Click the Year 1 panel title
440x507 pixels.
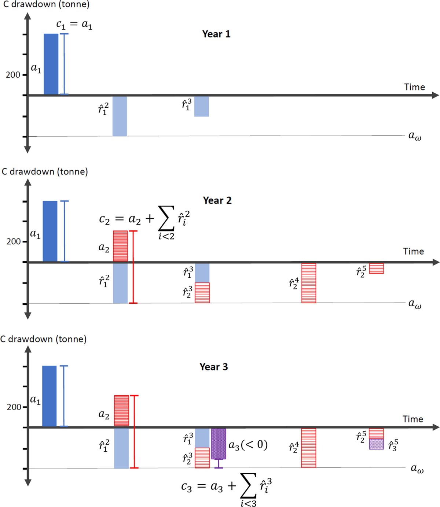216,34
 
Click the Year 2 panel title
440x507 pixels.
217,200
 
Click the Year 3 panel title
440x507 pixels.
213,367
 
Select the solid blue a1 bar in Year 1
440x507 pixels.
51,64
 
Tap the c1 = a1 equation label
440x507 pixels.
74,25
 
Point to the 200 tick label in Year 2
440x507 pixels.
14,241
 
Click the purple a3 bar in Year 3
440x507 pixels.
219,444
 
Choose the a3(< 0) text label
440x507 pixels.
248,445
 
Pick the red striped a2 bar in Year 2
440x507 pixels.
120,246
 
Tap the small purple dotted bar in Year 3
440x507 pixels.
376,444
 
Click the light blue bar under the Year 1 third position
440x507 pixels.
201,106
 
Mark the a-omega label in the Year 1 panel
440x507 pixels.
415,136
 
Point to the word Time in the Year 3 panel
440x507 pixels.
412,419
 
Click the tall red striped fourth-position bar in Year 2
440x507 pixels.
309,283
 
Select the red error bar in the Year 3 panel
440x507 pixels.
134,432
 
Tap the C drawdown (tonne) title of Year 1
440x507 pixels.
46,4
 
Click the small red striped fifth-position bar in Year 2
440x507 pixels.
376,268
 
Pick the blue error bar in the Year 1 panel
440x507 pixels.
64,64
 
